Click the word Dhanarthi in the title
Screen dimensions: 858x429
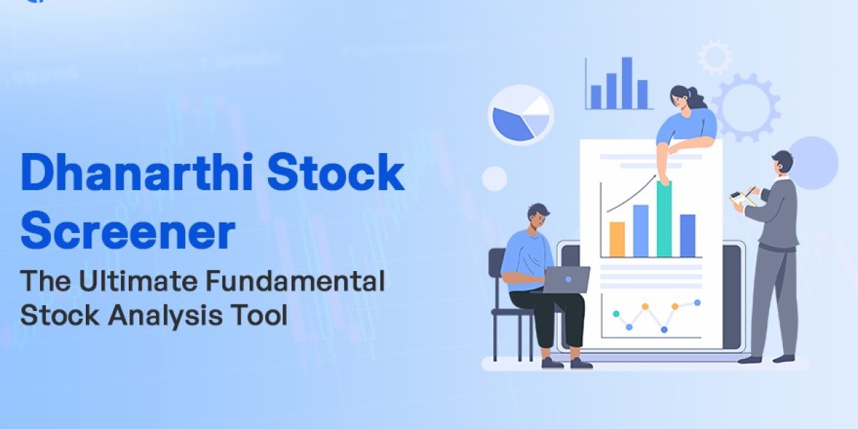pos(137,172)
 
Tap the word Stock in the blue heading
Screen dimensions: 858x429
pos(335,172)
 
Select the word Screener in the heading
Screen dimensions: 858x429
pos(127,232)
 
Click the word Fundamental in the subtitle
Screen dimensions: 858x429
pos(295,281)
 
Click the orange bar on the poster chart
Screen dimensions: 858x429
pos(617,240)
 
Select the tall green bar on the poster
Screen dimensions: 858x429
pos(664,219)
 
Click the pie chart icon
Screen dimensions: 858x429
pos(521,115)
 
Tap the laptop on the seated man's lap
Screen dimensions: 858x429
pos(567,280)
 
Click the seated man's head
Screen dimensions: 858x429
pos(538,217)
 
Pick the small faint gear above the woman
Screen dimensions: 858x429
pos(715,57)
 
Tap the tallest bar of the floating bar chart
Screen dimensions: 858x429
pos(627,83)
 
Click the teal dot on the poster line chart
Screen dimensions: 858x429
pos(616,314)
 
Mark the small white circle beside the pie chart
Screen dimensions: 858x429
pos(495,179)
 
